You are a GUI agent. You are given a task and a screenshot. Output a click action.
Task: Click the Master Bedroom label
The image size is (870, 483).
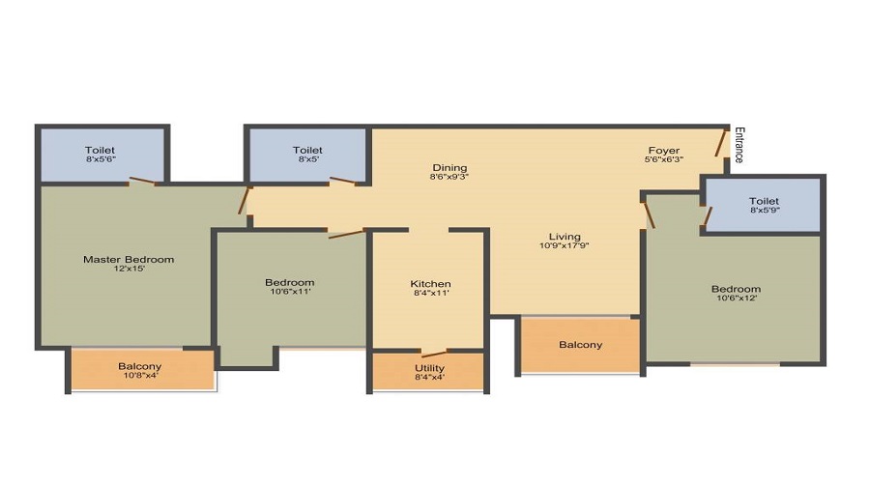(129, 259)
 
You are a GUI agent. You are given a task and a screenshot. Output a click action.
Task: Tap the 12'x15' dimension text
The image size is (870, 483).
(130, 269)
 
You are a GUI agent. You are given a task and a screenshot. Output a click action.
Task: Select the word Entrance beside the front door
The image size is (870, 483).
(739, 145)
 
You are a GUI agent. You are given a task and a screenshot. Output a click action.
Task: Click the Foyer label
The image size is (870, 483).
(663, 151)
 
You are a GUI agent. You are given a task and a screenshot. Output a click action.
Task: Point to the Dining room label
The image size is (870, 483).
(449, 167)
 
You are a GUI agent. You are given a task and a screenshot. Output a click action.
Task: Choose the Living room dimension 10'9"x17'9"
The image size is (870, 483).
(565, 245)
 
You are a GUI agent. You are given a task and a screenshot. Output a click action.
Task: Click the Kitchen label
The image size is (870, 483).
(430, 283)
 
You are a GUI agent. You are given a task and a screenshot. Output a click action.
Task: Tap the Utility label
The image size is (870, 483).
(429, 368)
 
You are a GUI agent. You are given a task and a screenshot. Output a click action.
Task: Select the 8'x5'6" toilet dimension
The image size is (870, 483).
(101, 158)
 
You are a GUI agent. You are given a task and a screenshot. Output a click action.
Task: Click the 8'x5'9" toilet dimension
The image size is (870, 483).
(765, 211)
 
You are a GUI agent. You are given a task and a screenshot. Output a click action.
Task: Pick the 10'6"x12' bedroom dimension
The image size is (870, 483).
(737, 298)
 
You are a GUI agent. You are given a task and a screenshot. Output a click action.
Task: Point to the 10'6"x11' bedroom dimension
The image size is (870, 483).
(290, 291)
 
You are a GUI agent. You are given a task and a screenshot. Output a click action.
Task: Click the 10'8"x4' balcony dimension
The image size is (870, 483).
(139, 375)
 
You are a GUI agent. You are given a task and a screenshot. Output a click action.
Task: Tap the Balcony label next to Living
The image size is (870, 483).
(580, 344)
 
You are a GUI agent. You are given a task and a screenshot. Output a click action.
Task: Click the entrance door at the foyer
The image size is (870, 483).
(721, 143)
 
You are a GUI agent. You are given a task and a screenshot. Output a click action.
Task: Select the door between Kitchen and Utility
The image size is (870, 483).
(434, 354)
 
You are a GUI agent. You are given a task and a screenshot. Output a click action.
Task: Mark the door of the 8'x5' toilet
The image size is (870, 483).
(342, 181)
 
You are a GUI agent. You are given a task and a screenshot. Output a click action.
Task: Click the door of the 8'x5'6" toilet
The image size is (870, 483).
(143, 181)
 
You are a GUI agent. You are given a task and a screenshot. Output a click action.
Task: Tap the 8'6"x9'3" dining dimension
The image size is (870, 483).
(449, 177)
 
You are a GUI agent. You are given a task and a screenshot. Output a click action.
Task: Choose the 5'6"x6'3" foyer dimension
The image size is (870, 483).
(663, 159)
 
